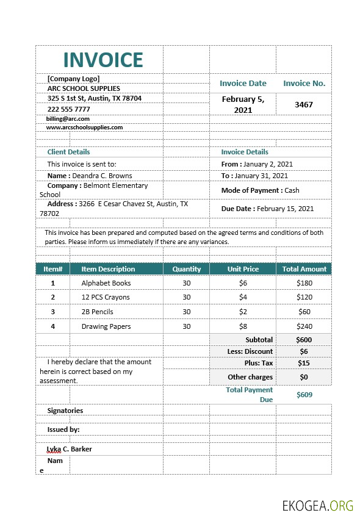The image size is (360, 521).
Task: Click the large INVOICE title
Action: [x=103, y=60]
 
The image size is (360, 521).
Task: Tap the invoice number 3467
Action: [x=303, y=104]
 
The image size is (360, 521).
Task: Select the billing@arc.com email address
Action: [x=68, y=119]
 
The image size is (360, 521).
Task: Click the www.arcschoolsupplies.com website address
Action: [x=84, y=128]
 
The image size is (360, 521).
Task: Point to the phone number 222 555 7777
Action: [x=68, y=109]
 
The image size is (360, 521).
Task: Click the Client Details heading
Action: [x=68, y=152]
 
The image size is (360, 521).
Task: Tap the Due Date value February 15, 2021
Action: [x=285, y=209]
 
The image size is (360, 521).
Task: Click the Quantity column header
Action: [x=186, y=269]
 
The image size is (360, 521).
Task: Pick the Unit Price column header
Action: [x=243, y=269]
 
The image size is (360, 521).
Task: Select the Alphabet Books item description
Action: [x=106, y=283]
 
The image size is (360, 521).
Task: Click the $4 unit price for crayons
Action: [x=243, y=297]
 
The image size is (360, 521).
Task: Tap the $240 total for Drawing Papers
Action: [x=304, y=326]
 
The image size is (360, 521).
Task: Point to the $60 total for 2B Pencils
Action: [x=304, y=312]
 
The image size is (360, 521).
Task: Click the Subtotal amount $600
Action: [x=304, y=340]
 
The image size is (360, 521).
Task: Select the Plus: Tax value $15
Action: [x=304, y=363]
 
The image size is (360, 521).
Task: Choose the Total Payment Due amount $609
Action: [x=304, y=395]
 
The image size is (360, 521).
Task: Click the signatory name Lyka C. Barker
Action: [x=70, y=449]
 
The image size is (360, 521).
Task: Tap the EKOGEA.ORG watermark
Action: [x=317, y=505]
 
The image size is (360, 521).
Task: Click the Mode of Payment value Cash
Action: [x=292, y=190]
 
